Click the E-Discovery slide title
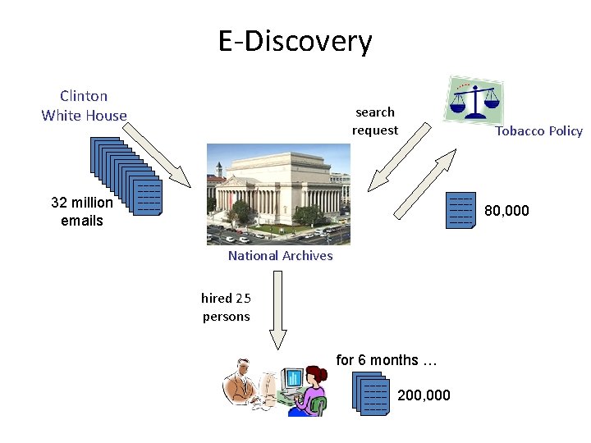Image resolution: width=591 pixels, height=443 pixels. point(295,40)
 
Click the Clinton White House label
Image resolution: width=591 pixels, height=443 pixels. point(84,106)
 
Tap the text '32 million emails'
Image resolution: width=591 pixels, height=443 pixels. point(82,211)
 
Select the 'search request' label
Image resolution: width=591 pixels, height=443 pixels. point(375,121)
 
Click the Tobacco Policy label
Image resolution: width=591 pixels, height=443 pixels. point(538,130)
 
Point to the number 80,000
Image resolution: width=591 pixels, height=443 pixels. point(506,211)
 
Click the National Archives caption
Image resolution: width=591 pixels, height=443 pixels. point(280,255)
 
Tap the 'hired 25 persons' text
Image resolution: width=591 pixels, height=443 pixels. point(226,307)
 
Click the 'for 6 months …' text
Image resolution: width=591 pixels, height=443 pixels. point(387,360)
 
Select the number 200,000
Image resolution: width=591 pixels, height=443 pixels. point(424,395)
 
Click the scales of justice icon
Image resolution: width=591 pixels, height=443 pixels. point(474,100)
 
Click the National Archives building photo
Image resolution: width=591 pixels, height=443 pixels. point(277,194)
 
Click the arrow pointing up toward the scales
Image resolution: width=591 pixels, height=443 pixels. point(424,184)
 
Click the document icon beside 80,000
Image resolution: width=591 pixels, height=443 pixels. point(461,210)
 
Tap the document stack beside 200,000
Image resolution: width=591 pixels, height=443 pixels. point(370,393)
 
